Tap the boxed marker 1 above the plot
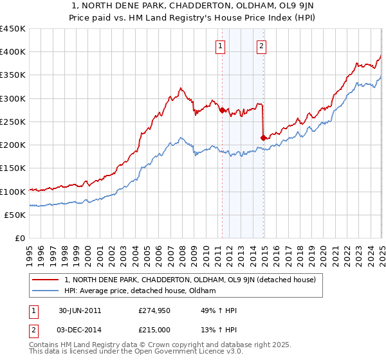(221, 46)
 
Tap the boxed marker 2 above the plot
(262, 46)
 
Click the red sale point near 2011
(222, 111)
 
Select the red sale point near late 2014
(262, 138)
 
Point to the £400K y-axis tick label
(13, 52)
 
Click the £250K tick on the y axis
(13, 122)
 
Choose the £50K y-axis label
(15, 215)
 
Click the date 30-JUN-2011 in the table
(75, 310)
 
